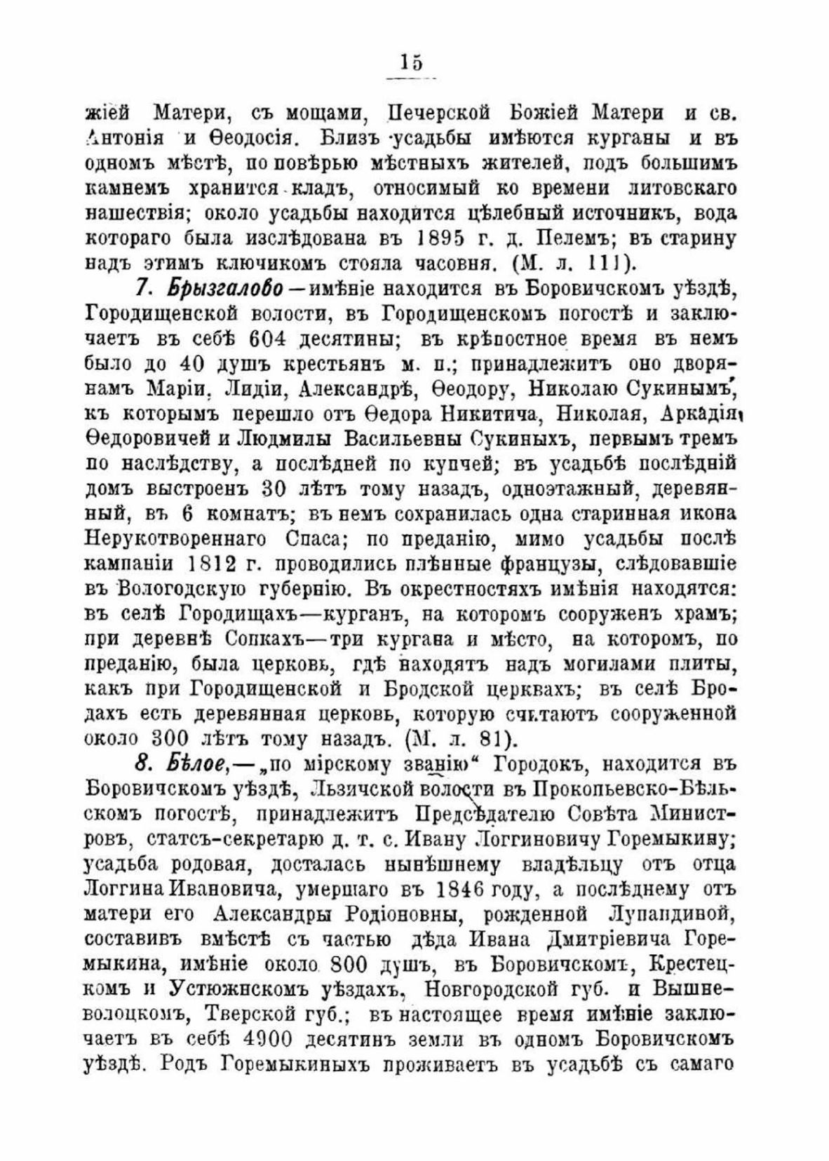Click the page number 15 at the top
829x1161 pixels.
(x=412, y=63)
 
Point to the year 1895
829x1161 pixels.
(x=440, y=238)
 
